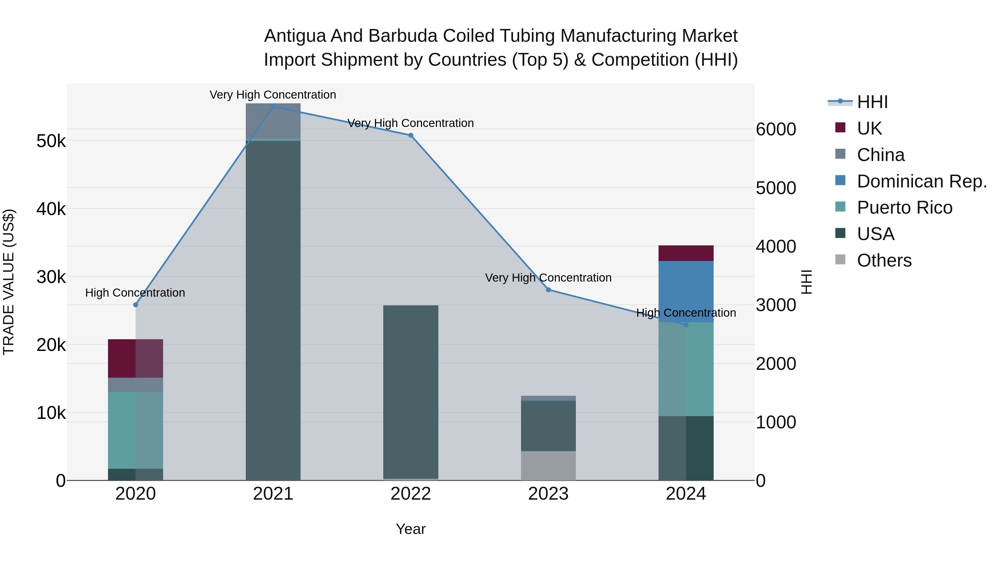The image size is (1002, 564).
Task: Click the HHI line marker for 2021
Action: click(273, 107)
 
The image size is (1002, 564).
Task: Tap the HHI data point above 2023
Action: click(548, 290)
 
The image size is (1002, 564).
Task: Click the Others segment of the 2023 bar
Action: click(548, 466)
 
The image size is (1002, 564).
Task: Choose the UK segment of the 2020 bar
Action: click(135, 358)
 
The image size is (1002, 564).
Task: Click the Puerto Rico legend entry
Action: click(904, 208)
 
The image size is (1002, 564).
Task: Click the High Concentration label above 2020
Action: click(135, 293)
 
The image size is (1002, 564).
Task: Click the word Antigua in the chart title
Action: click(294, 36)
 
